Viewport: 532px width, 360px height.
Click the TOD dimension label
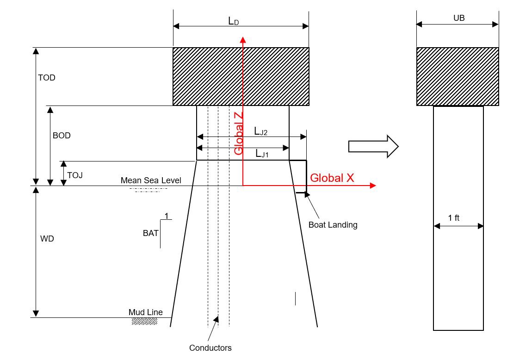coord(46,78)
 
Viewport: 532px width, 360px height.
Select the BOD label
coord(62,136)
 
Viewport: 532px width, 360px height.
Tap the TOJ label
coord(74,175)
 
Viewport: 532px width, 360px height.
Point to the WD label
coord(47,238)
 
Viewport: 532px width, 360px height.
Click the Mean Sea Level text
coord(151,180)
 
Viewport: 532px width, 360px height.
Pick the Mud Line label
coord(146,312)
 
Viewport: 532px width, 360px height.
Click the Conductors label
coord(210,348)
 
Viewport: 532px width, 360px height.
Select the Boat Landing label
coord(333,224)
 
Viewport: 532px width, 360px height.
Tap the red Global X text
coord(332,178)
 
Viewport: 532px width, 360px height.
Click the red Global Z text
coord(239,134)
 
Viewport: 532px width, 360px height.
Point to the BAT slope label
coord(151,233)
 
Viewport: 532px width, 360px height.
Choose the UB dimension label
coord(459,18)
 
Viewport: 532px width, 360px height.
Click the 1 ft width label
coord(454,218)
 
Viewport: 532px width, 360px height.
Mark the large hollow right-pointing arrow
coord(373,147)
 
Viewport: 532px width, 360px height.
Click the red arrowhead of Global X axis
coord(373,185)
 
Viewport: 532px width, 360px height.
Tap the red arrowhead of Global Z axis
coord(242,40)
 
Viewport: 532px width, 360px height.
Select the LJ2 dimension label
coord(261,131)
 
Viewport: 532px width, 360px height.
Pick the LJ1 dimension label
coord(262,154)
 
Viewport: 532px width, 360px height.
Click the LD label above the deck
coord(234,21)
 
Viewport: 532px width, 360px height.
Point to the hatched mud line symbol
coord(144,321)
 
